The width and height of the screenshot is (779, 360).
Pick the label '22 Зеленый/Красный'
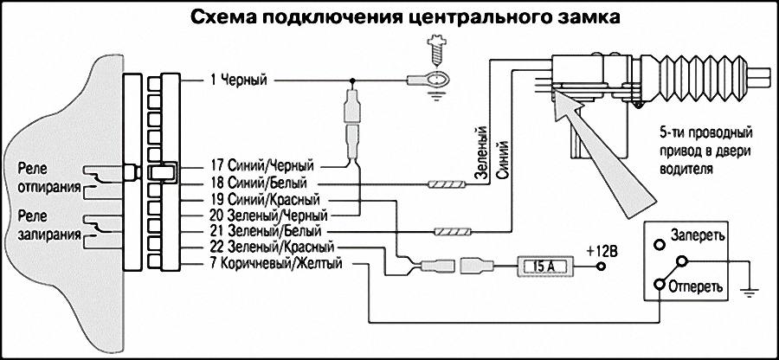pyautogui.click(x=267, y=248)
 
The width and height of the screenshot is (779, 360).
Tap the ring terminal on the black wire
pyautogui.click(x=433, y=80)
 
